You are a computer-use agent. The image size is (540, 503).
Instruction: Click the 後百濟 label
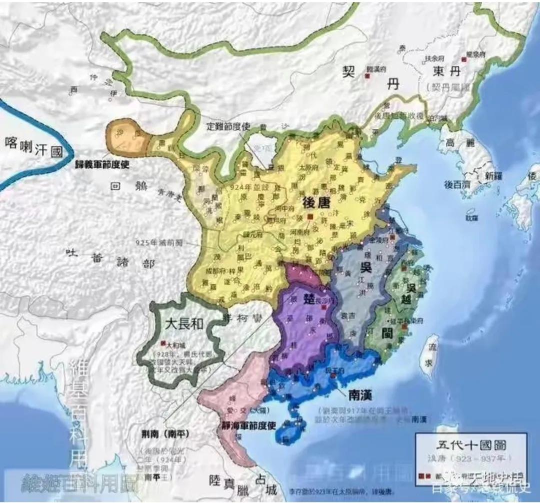click(457, 185)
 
